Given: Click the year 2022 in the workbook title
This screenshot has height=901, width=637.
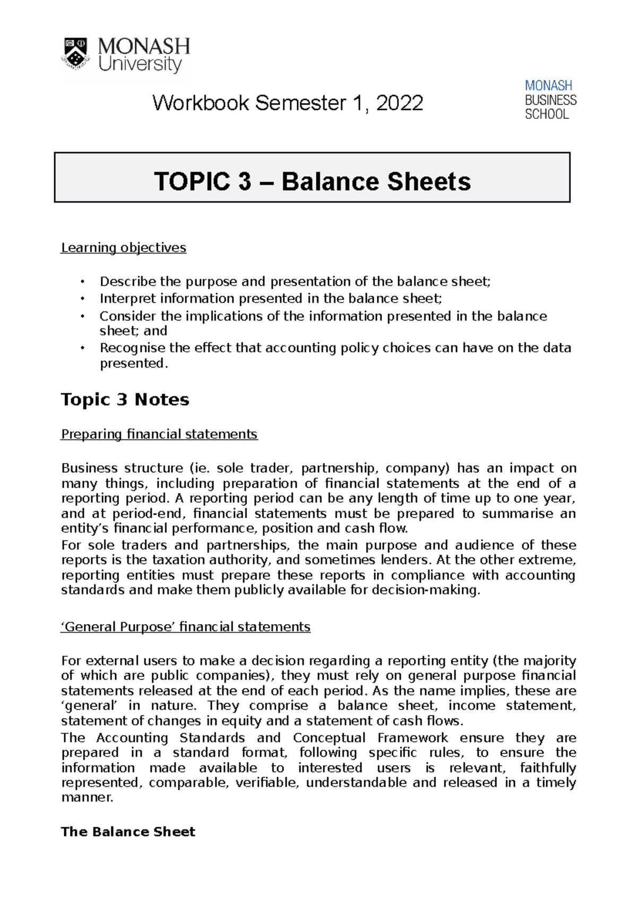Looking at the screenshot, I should [399, 103].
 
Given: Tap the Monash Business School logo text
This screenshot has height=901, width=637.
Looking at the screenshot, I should [550, 100].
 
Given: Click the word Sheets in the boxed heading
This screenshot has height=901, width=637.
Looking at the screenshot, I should [429, 181].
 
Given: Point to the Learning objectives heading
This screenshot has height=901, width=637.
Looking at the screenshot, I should [123, 248].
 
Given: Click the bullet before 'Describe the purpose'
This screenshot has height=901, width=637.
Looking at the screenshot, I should [82, 282].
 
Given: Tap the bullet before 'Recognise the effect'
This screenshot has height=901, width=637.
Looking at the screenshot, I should [82, 348].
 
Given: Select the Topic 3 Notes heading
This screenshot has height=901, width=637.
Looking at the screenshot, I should [125, 400].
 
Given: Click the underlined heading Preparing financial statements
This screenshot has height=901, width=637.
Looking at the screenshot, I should [159, 434].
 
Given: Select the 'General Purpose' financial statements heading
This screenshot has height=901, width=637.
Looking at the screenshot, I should [185, 627].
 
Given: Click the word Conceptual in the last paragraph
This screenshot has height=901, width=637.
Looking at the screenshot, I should [329, 738].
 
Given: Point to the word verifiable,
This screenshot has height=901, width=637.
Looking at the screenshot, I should [268, 783].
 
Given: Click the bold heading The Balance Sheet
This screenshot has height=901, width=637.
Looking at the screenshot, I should [128, 831].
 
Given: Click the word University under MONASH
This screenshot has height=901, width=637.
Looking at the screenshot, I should [140, 65].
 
